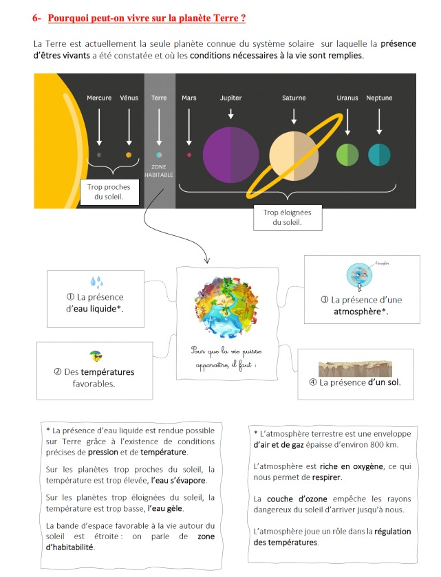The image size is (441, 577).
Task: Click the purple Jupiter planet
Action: (230, 155)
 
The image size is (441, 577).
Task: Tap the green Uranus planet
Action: (347, 155)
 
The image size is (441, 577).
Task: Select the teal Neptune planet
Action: (379, 155)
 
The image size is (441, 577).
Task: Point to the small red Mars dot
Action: (189, 155)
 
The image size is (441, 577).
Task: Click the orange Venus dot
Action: (129, 155)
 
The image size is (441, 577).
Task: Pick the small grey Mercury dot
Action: (99, 155)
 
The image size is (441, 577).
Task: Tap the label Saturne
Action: (294, 98)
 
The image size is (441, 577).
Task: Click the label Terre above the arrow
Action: (159, 98)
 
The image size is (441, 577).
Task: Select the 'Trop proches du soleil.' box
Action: (109, 192)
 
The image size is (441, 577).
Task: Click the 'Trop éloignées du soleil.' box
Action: (288, 217)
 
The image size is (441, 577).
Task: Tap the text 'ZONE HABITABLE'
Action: (159, 171)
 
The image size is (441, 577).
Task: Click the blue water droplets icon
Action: (96, 282)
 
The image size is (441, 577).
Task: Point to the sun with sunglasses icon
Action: (96, 356)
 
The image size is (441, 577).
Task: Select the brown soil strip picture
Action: (355, 369)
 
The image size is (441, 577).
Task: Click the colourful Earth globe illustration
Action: (227, 307)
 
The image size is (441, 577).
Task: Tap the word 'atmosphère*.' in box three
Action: (361, 312)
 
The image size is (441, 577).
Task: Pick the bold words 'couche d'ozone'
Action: (297, 499)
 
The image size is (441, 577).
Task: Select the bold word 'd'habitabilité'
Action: (70, 547)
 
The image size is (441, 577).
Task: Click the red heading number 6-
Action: (36, 18)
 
